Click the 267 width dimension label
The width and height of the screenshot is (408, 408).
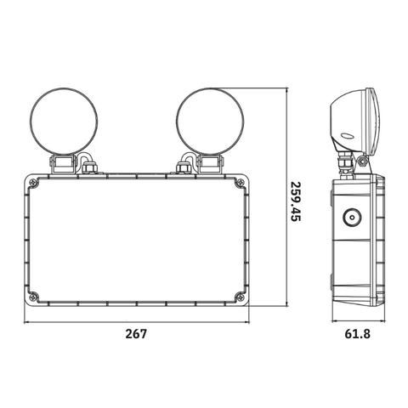(x=136, y=334)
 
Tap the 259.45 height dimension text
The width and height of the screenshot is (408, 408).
(x=296, y=201)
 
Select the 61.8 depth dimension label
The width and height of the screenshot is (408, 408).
(x=358, y=334)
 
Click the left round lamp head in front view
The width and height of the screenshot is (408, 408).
(x=64, y=122)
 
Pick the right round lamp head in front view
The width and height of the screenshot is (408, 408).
(x=210, y=122)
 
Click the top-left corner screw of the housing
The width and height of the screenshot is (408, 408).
(x=34, y=183)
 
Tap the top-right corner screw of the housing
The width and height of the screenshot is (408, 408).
(x=240, y=183)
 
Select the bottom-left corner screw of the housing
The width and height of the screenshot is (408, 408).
(x=34, y=297)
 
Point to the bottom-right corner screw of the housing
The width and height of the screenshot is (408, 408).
(x=240, y=297)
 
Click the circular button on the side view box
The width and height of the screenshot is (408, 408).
(x=352, y=218)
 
